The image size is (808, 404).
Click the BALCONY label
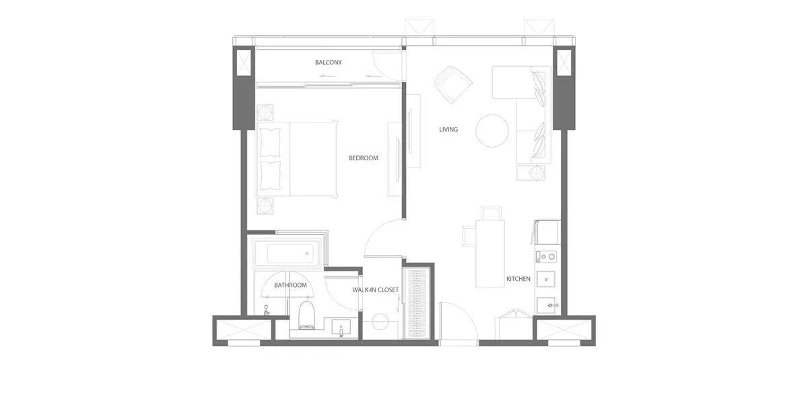pyautogui.click(x=329, y=63)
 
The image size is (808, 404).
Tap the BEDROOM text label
pyautogui.click(x=363, y=158)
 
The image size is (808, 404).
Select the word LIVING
pyautogui.click(x=448, y=129)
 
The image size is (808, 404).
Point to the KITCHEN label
pyautogui.click(x=518, y=279)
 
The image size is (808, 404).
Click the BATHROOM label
pyautogui.click(x=290, y=285)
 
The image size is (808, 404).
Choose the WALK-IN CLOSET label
pyautogui.click(x=376, y=290)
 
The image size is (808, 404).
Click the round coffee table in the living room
pyautogui.click(x=492, y=131)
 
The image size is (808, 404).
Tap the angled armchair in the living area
pyautogui.click(x=453, y=85)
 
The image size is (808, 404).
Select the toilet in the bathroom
pyautogui.click(x=306, y=315)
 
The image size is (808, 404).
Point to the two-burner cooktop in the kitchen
pyautogui.click(x=546, y=257)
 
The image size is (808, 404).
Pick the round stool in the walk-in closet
pyautogui.click(x=380, y=322)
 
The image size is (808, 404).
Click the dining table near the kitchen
pyautogui.click(x=490, y=254)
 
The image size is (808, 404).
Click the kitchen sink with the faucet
pyautogui.click(x=546, y=305)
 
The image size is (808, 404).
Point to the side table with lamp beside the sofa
pyautogui.click(x=531, y=173)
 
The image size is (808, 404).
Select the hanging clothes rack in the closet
pyautogui.click(x=416, y=304)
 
